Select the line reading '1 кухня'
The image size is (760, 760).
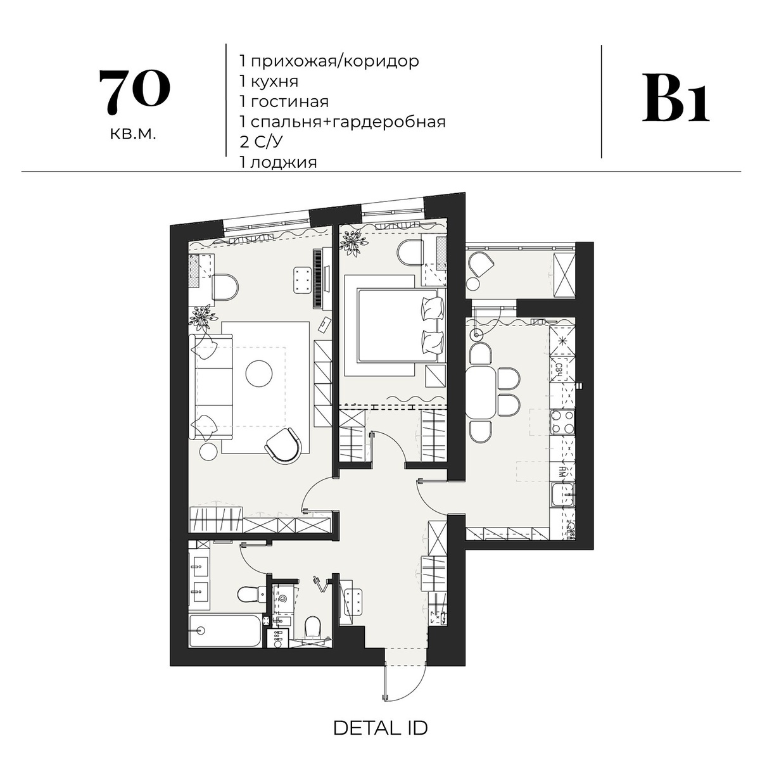coord(269,82)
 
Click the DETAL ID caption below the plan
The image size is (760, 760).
coord(380,728)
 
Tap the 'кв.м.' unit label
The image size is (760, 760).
coord(132,134)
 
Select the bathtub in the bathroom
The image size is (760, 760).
coord(225,630)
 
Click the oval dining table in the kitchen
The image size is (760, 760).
coord(481,393)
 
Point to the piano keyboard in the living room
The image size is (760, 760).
coord(319,279)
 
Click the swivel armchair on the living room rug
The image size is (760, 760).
coord(283,445)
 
